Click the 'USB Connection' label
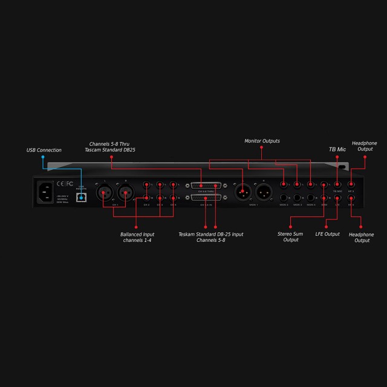pos(44,150)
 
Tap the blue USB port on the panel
pos(80,197)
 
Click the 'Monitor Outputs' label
pos(262,141)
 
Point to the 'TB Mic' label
pos(336,149)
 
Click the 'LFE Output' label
pos(327,234)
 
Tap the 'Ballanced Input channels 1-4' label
pos(137,237)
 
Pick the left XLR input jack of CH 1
pos(104,193)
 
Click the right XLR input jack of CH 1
pos(125,193)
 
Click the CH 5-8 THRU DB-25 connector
pos(207,186)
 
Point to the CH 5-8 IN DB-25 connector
pos(207,198)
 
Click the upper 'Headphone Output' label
pos(365,146)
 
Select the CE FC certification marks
pos(65,183)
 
